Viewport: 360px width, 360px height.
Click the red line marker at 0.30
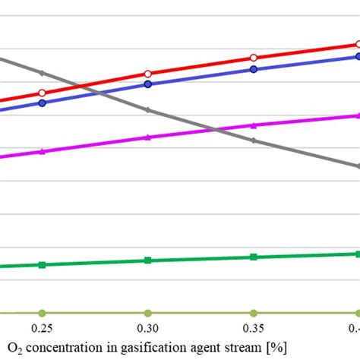[147, 74]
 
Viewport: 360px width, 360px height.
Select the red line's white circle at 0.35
[254, 58]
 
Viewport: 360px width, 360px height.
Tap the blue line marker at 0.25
[42, 103]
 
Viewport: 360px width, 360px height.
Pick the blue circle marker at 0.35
[254, 69]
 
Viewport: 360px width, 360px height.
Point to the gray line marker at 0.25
[42, 73]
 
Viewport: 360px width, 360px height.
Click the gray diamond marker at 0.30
[147, 110]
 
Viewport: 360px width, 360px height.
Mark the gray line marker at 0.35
[254, 141]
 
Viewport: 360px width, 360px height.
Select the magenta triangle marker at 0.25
[42, 151]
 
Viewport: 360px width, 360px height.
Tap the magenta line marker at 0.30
[147, 137]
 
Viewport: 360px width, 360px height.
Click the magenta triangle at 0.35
[254, 125]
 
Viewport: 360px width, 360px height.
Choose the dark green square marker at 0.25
[42, 265]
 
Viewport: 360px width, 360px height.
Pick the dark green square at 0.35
[254, 257]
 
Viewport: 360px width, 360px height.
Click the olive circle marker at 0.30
[147, 312]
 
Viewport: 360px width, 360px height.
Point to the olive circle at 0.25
[42, 312]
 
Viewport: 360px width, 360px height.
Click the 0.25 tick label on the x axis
[42, 330]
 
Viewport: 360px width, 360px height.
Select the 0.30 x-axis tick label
[147, 330]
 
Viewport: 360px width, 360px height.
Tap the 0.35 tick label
[254, 330]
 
